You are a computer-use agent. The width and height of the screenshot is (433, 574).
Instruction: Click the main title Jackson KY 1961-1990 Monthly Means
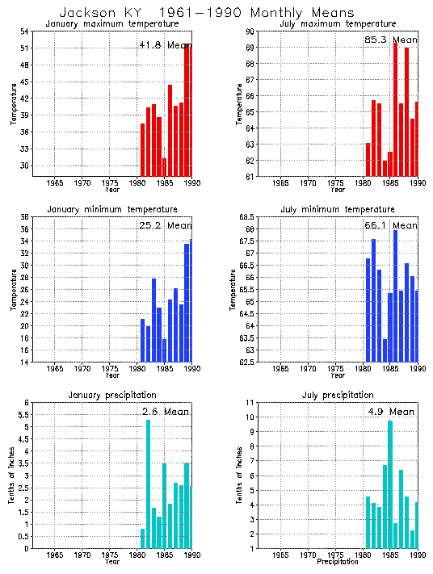point(207,13)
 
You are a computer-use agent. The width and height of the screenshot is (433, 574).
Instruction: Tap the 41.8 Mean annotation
point(165,45)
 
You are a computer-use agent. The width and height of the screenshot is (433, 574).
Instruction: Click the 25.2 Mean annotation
point(165,225)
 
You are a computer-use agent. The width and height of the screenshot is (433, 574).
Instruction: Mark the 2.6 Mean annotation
point(165,412)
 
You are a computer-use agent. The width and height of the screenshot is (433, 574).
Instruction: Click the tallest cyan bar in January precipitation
point(148,484)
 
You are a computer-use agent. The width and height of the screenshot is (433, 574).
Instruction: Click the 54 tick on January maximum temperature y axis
point(25,31)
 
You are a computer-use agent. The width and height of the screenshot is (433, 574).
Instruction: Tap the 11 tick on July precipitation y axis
point(251,403)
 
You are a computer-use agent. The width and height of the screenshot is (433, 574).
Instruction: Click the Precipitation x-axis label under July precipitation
point(338,561)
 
